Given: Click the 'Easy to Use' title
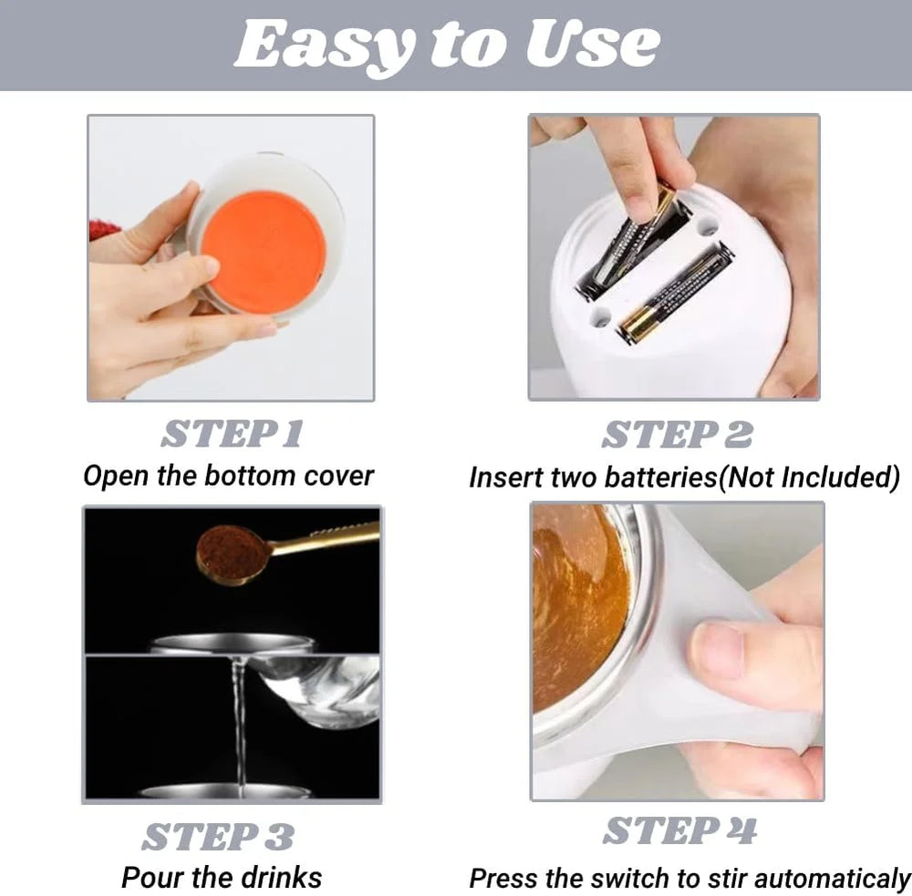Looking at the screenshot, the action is pyautogui.click(x=447, y=46).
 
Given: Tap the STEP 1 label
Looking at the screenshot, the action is pyautogui.click(x=232, y=434).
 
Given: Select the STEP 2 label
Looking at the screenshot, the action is pyautogui.click(x=677, y=435).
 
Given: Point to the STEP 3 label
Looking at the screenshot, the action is pyautogui.click(x=218, y=837).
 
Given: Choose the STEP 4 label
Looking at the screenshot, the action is pyautogui.click(x=680, y=830).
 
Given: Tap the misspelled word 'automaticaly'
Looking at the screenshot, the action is pyautogui.click(x=833, y=880).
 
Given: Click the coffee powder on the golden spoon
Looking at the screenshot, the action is pyautogui.click(x=228, y=551).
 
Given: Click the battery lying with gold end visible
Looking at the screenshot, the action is pyautogui.click(x=675, y=293).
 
